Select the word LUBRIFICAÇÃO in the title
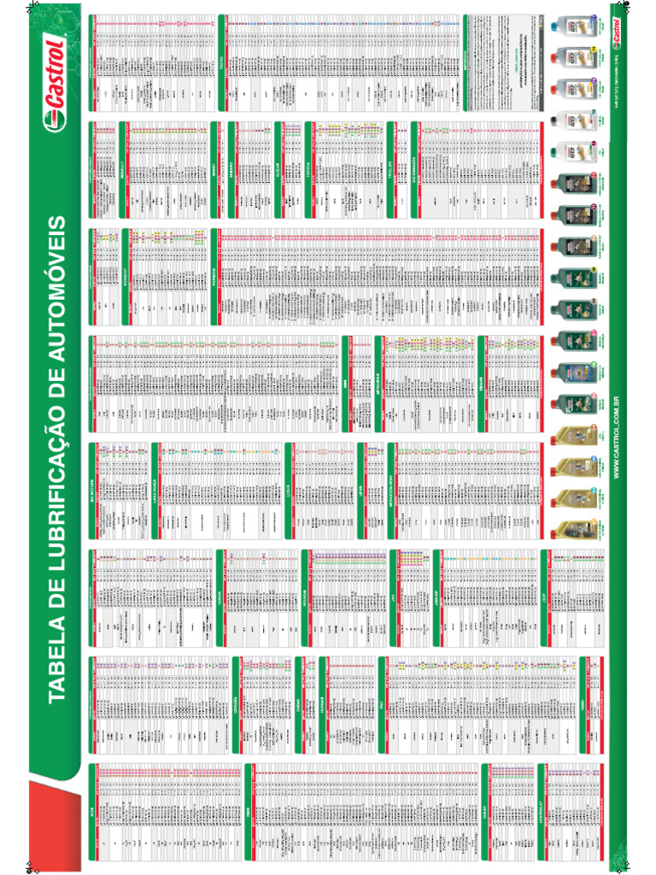(56, 479)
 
